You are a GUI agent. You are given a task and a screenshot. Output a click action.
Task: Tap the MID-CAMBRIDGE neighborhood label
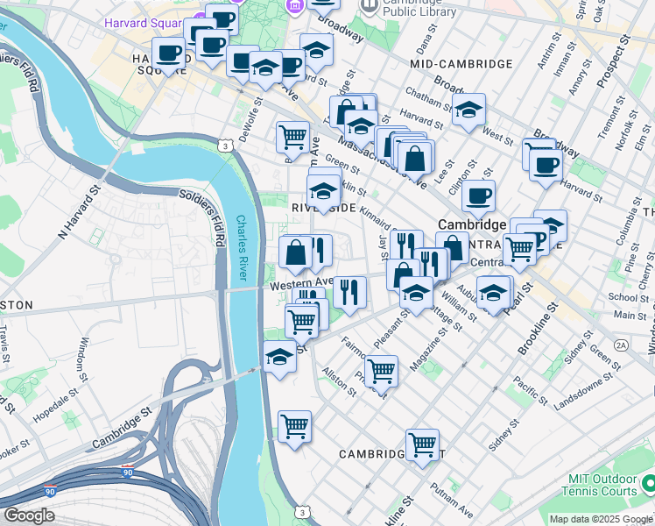click(461, 64)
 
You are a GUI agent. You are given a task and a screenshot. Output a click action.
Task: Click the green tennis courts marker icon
click(647, 483)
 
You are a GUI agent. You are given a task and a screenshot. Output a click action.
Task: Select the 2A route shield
click(621, 346)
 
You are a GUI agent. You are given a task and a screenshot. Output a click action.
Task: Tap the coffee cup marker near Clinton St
click(478, 197)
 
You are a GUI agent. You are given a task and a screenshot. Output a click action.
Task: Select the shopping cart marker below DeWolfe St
click(292, 137)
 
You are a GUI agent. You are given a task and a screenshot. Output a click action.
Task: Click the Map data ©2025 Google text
click(600, 519)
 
